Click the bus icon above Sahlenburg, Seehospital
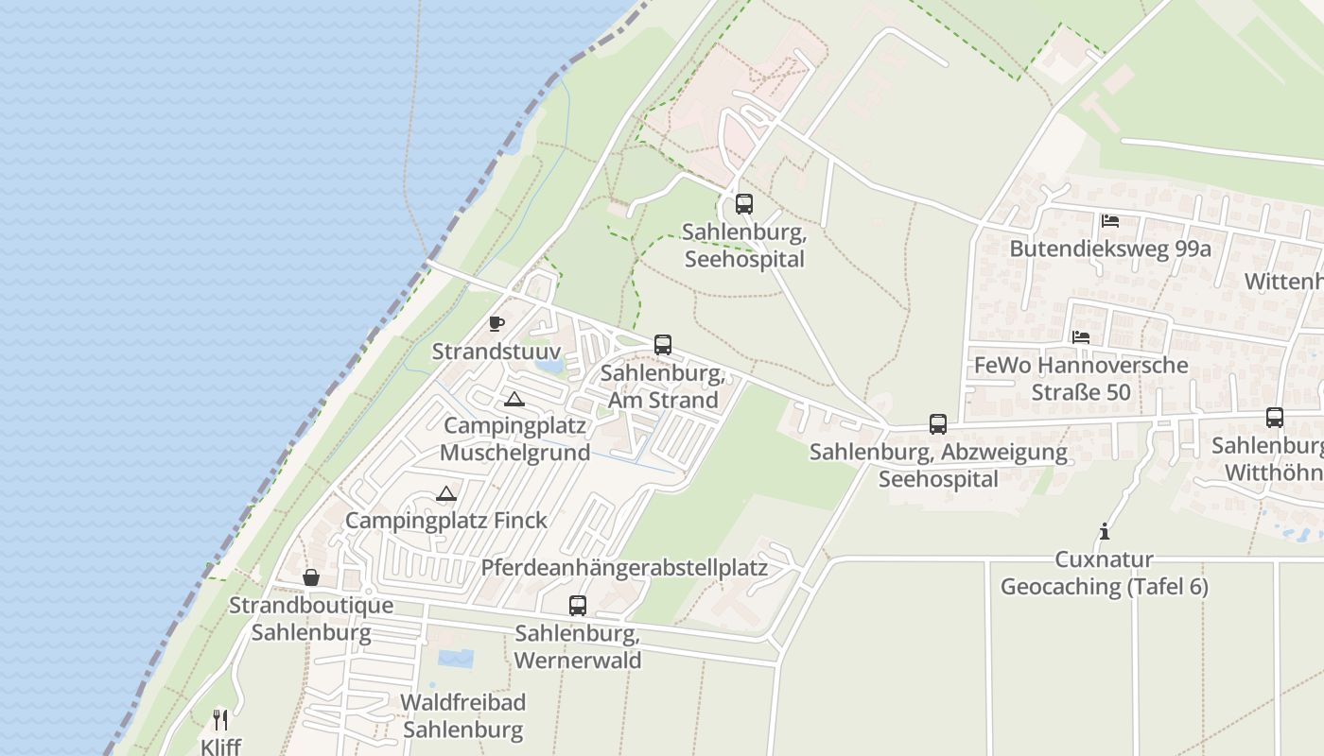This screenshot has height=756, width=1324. [x=744, y=203]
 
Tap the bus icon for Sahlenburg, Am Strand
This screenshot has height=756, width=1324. [x=663, y=344]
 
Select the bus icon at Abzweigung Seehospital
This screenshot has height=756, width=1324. [x=938, y=423]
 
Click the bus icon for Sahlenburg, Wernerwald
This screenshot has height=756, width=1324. [x=578, y=605]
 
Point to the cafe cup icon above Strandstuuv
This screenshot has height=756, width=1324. [x=496, y=324]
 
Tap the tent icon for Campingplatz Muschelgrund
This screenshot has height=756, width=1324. [x=514, y=399]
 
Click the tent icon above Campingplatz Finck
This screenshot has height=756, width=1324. [x=446, y=493]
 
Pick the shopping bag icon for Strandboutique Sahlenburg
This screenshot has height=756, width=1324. [x=310, y=577]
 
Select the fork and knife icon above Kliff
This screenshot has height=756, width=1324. [x=220, y=720]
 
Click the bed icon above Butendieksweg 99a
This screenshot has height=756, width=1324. [x=1110, y=221]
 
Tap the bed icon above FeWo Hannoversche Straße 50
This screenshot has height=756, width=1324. [x=1081, y=336]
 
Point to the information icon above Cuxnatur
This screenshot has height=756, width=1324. [x=1104, y=532]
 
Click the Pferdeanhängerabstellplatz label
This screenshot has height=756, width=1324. [x=624, y=567]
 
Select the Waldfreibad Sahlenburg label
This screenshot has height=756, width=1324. [x=462, y=716]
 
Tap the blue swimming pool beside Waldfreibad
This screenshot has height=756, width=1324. [x=456, y=658]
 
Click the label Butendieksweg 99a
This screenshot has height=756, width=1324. [x=1110, y=249]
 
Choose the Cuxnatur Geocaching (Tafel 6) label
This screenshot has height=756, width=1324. [x=1104, y=573]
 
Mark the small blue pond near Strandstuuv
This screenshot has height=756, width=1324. [x=549, y=363]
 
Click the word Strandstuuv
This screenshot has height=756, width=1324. [x=483, y=352]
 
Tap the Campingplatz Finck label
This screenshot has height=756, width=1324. [x=446, y=520]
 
